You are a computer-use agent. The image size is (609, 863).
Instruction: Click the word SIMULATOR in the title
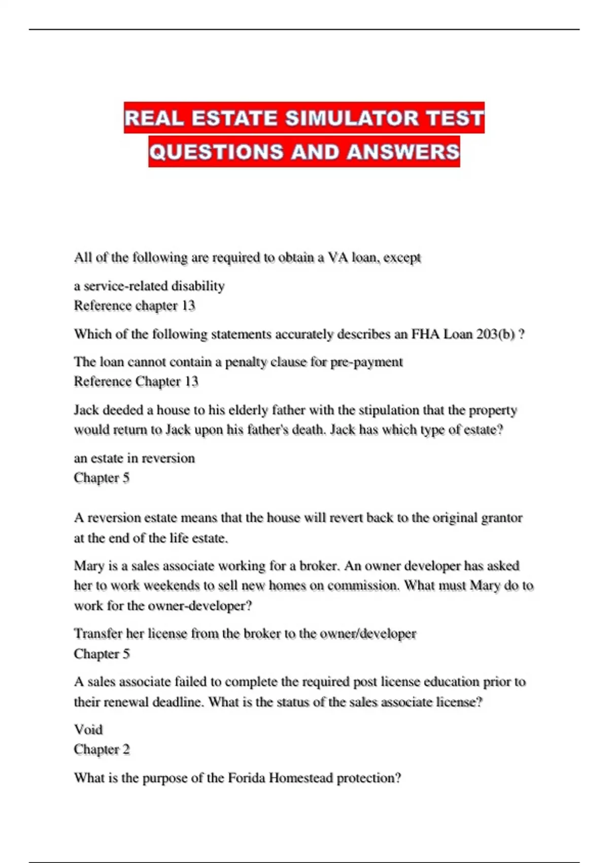(x=351, y=118)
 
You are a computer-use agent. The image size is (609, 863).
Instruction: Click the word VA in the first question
(x=337, y=257)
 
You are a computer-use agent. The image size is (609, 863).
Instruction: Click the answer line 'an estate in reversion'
(x=134, y=458)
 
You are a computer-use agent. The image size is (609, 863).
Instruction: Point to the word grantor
(x=501, y=518)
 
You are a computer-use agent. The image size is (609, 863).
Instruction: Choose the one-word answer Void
(x=88, y=729)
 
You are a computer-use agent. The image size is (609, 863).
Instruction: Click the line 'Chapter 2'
(x=101, y=749)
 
